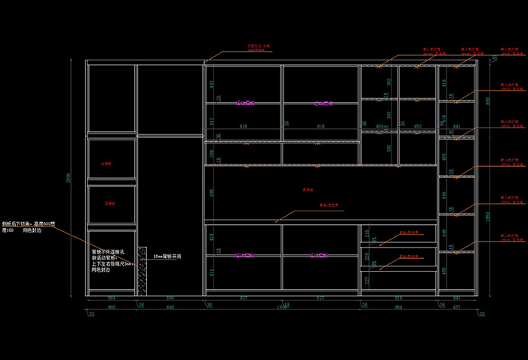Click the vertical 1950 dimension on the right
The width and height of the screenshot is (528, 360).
[x=488, y=216]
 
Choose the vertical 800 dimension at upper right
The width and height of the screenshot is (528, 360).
[x=488, y=100]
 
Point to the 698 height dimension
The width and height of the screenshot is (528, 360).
[x=211, y=192]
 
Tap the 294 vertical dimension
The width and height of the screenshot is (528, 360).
[x=211, y=153]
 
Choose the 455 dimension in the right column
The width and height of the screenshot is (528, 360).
[x=445, y=157]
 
